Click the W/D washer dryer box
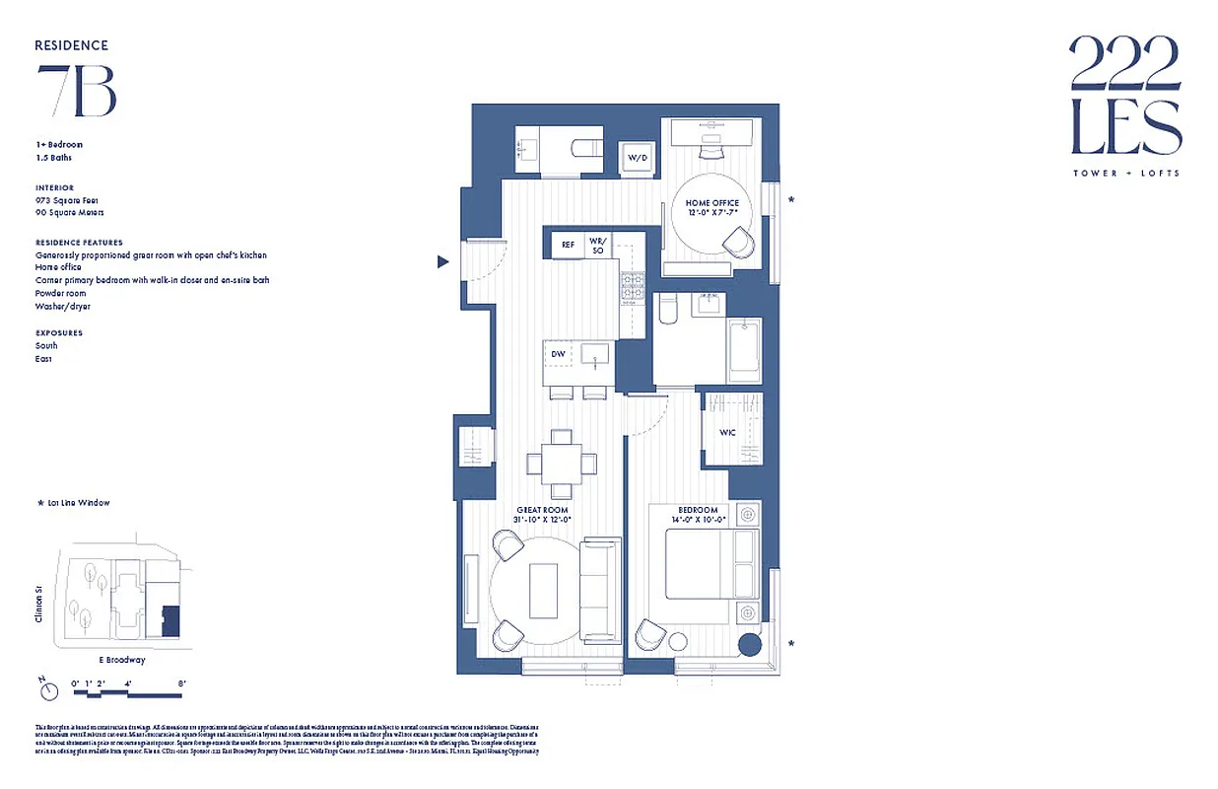point(637,159)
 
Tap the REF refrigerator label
point(568,245)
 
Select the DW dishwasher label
point(558,354)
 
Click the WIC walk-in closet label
point(726,433)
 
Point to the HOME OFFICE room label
point(711,203)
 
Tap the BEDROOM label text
point(698,510)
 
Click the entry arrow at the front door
point(443,261)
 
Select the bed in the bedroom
point(711,563)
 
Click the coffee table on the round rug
point(543,590)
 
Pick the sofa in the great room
point(599,589)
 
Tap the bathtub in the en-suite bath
point(743,350)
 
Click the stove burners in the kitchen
point(631,285)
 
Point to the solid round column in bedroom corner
point(749,645)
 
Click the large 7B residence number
point(77,91)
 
